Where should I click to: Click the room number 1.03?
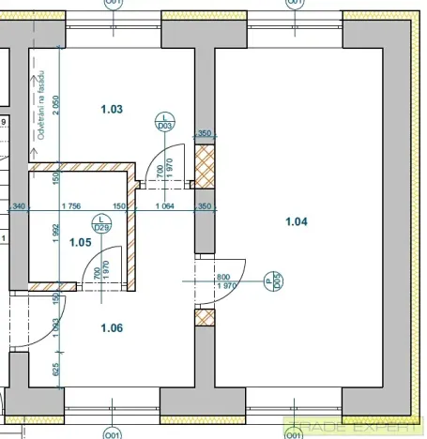pos(112,109)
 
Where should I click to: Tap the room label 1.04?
pos(297,221)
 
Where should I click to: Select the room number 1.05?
pos(82,242)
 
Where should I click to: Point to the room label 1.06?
pos(112,327)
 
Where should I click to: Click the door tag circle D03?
pos(164,120)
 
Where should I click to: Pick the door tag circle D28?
pos(102,222)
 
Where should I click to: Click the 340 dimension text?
pos(18,205)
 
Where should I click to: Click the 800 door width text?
pos(222,277)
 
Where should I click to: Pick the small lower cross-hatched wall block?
pos(205,317)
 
